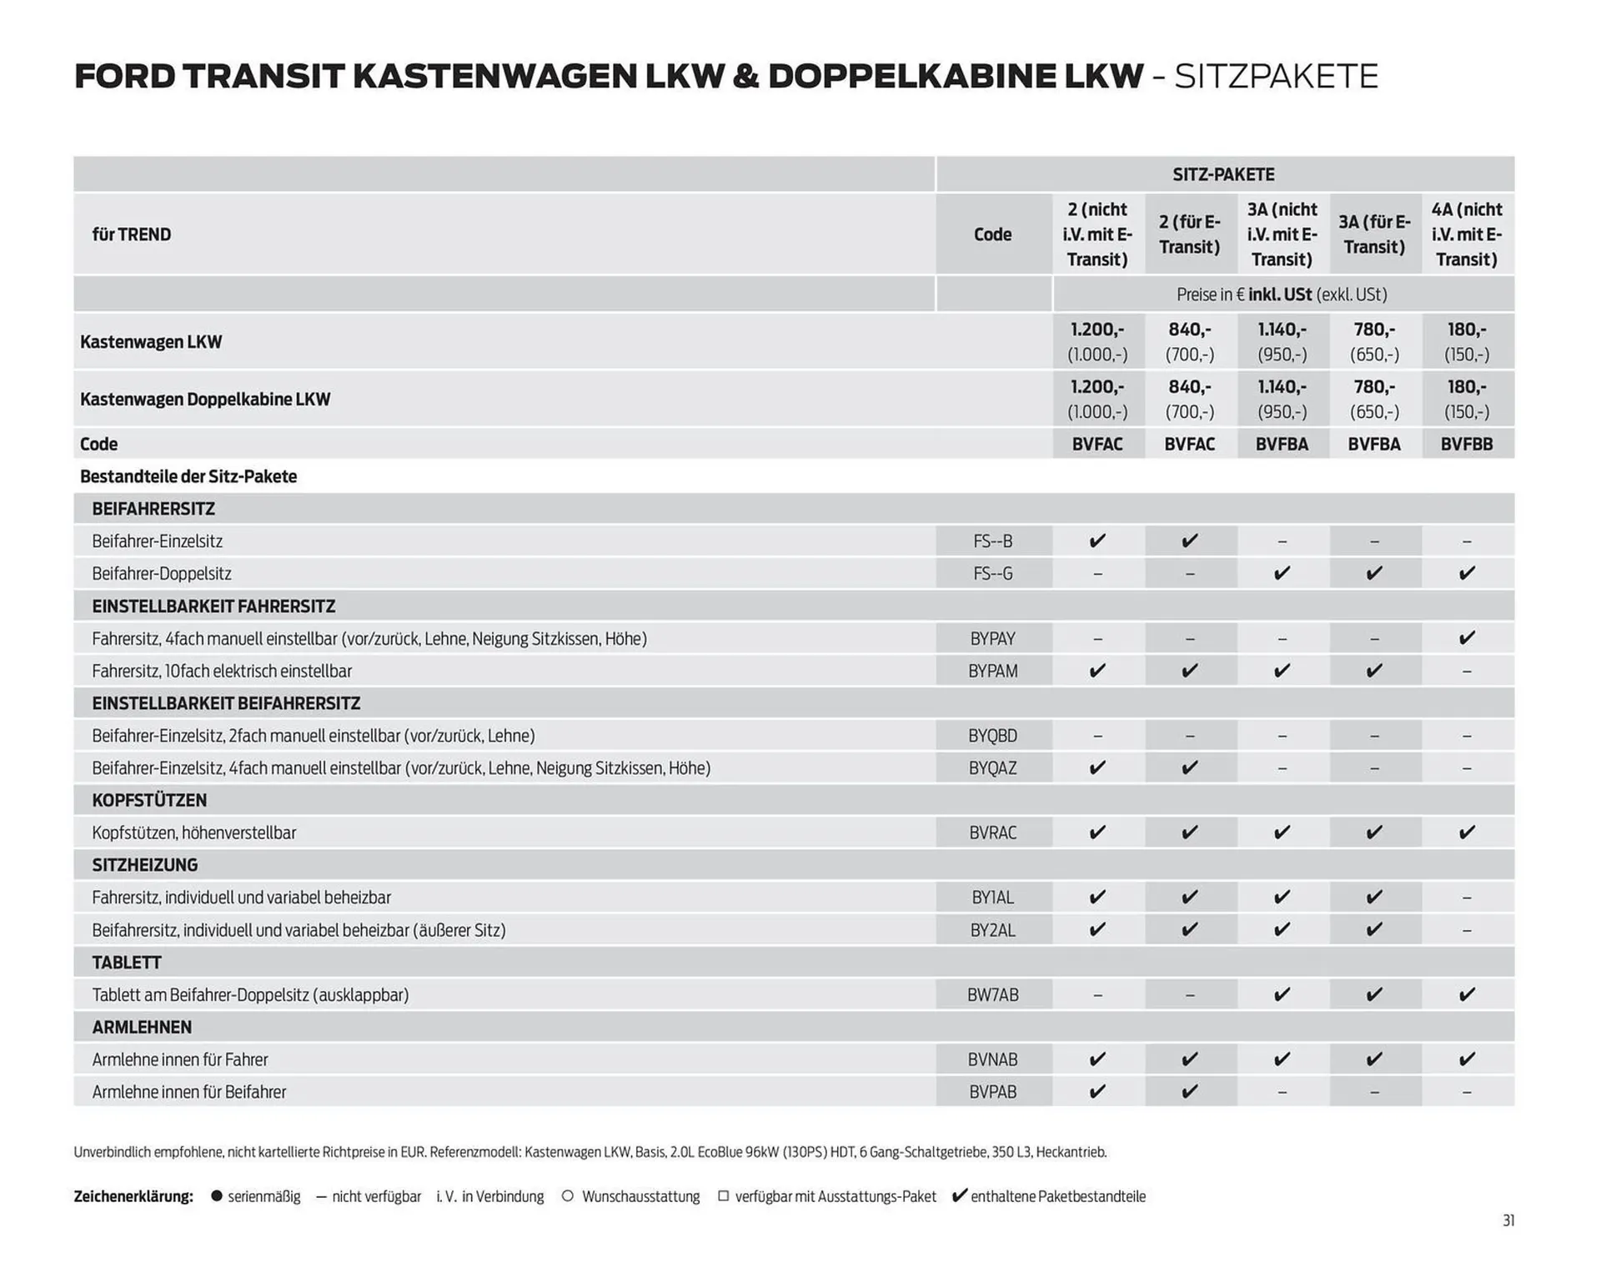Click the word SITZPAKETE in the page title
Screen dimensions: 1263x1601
(1276, 77)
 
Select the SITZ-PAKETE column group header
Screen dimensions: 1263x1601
(1223, 174)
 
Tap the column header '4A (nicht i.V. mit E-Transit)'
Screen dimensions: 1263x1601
(1466, 234)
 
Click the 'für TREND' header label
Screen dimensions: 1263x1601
(131, 234)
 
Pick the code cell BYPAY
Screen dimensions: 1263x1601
(992, 639)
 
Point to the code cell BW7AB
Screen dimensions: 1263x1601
(992, 994)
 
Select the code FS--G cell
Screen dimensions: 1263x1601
(992, 574)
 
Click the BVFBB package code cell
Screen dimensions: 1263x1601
(1466, 445)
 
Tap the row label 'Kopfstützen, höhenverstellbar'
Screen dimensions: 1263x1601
(193, 833)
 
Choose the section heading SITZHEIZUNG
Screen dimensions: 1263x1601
(144, 865)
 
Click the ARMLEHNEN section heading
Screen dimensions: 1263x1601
(142, 1027)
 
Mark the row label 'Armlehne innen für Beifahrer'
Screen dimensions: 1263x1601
(188, 1092)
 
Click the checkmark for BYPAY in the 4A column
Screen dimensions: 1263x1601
(1467, 638)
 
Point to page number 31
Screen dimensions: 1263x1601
(1508, 1220)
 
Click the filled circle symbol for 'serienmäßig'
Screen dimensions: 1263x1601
(217, 1196)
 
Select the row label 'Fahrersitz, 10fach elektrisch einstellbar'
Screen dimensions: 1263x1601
(222, 671)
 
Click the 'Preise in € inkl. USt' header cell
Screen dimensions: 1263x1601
(1282, 294)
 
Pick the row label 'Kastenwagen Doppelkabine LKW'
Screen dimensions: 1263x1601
(205, 400)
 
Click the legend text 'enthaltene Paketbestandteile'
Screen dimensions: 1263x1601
(1057, 1196)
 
